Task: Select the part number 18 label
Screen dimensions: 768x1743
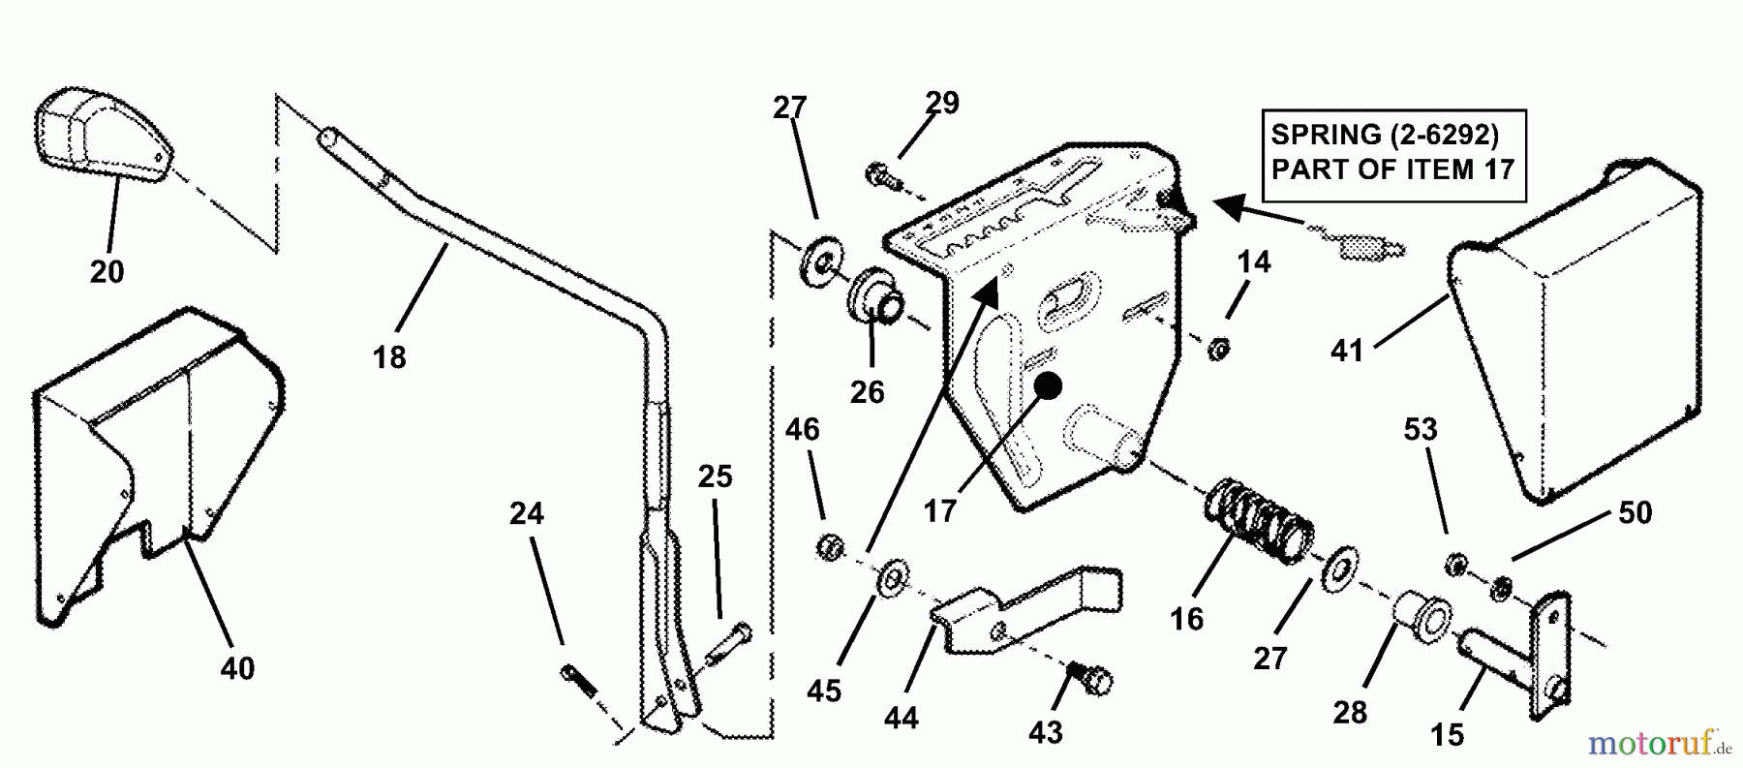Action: [x=389, y=357]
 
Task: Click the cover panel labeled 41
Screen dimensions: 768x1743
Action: [x=1578, y=334]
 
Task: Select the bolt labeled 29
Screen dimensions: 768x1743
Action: [x=882, y=176]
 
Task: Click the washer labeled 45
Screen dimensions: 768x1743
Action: [x=890, y=580]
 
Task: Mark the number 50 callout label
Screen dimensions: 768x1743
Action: [x=1635, y=512]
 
